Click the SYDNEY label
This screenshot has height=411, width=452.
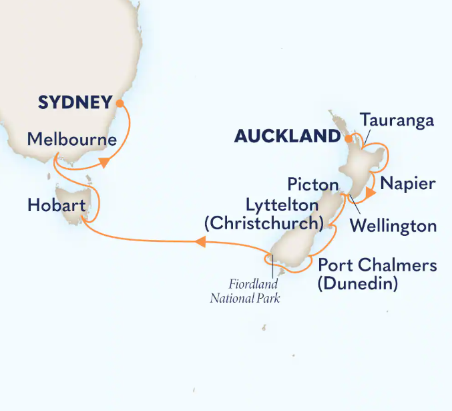point(74,103)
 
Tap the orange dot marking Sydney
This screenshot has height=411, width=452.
point(120,104)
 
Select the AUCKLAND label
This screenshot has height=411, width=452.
point(287,137)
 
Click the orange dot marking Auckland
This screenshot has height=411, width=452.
point(347,138)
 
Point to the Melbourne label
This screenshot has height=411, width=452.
point(72,140)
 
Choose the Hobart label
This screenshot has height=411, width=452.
point(57,206)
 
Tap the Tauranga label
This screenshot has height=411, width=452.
point(397,120)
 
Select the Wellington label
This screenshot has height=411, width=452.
point(394,225)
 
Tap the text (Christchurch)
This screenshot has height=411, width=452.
point(264,223)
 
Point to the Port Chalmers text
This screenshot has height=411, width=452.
point(377,265)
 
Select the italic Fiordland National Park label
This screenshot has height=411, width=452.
point(245,291)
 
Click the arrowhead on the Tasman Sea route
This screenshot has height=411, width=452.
point(200,245)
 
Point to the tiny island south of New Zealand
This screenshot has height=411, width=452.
point(264,328)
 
